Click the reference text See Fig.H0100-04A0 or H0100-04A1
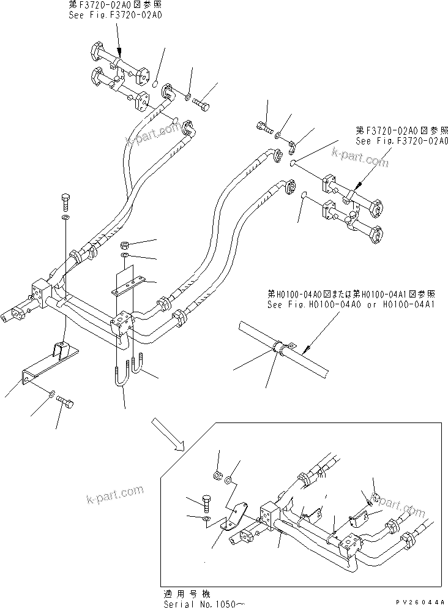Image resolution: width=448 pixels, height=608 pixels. click(x=350, y=304)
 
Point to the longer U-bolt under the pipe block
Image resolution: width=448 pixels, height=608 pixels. click(x=119, y=378)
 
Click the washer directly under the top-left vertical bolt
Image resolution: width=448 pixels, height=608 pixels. click(x=65, y=217)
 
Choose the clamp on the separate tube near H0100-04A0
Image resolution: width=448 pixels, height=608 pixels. click(x=282, y=348)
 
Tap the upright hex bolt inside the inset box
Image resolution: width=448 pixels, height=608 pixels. click(x=205, y=502)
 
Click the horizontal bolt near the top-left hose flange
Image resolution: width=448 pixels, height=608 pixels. click(x=201, y=107)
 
